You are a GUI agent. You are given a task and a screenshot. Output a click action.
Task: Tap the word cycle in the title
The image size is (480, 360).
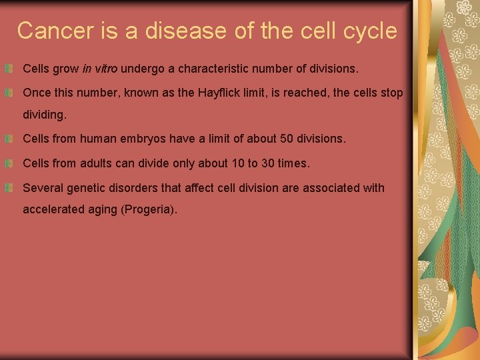pyautogui.click(x=366, y=31)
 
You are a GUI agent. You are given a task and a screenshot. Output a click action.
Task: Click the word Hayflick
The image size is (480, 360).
pyautogui.click(x=221, y=93)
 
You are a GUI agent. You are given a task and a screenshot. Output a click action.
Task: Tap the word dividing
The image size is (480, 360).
pyautogui.click(x=45, y=115)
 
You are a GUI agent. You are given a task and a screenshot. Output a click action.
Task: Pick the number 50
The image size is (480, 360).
pyautogui.click(x=281, y=139)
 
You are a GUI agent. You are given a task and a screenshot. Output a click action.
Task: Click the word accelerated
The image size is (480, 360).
pyautogui.click(x=52, y=210)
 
